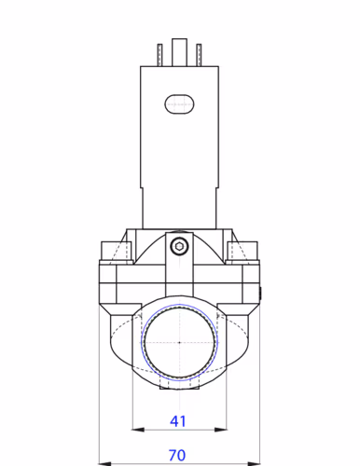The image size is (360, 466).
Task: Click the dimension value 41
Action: (178, 421)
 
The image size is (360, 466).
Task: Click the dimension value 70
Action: (178, 455)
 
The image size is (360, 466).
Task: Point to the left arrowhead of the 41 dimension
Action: (137, 430)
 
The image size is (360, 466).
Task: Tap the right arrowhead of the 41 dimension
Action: (219, 430)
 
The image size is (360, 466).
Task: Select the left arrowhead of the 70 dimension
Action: (103, 462)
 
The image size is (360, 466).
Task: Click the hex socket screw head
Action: (179, 247)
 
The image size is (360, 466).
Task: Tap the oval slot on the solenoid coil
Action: (178, 104)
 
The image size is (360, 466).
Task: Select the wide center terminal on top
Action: (179, 52)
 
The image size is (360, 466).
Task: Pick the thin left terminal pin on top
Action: (160, 54)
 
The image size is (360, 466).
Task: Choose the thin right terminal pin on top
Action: (197, 54)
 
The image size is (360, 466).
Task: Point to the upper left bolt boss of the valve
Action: (113, 251)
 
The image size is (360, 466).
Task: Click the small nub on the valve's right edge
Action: (260, 296)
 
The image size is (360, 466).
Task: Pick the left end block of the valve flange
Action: (109, 289)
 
